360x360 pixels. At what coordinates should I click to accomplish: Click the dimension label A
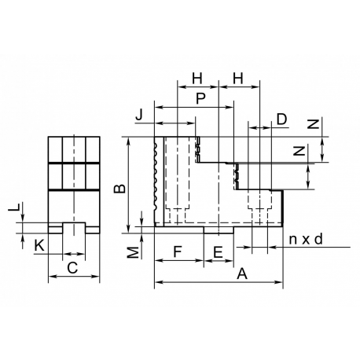click(242, 274)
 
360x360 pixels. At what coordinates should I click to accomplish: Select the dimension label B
click(120, 189)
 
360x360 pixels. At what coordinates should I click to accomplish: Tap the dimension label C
click(72, 268)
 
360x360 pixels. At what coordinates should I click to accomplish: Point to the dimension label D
click(282, 119)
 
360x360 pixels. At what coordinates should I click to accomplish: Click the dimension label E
click(218, 252)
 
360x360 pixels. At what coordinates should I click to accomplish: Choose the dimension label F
click(178, 252)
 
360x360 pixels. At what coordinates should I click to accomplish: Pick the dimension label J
click(139, 115)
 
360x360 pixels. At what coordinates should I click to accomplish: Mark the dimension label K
click(39, 246)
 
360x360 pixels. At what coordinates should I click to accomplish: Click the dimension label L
click(14, 207)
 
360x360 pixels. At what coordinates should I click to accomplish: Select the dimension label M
click(134, 252)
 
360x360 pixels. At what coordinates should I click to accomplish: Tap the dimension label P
click(200, 99)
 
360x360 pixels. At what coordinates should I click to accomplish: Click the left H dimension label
click(197, 79)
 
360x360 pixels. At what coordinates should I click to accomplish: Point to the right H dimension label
click(238, 79)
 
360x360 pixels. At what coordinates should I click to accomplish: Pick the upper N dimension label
click(314, 124)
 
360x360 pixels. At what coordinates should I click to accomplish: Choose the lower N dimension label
click(299, 151)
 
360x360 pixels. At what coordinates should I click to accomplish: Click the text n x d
click(306, 239)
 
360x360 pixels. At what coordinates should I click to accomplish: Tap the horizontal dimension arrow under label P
click(193, 107)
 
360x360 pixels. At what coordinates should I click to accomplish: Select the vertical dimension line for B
click(128, 185)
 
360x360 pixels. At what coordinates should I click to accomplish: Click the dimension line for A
click(219, 282)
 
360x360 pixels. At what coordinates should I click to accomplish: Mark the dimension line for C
click(74, 276)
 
